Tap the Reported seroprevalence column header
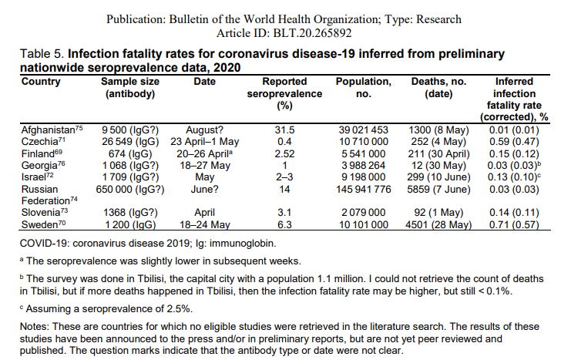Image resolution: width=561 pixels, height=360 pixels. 284,93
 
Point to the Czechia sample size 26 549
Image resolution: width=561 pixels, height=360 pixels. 129,141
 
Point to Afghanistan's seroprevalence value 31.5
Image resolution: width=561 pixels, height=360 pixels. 284,130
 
